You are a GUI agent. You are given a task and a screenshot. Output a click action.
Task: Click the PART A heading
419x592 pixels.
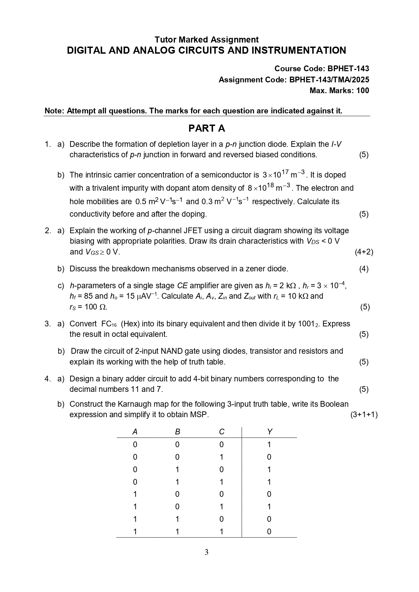206,129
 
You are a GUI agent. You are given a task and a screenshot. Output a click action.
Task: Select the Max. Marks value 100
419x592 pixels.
363,90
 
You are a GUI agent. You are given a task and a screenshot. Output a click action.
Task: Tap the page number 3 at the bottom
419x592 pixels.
206,552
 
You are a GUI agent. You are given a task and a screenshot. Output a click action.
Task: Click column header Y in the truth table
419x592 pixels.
269,432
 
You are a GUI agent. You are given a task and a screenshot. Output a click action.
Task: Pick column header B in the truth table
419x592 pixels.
178,432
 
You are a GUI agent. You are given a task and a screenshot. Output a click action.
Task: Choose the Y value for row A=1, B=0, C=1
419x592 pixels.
269,507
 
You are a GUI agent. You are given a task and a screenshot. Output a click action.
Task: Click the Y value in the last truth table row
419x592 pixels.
269,532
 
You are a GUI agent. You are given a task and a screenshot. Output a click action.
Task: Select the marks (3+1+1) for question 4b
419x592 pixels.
364,414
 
